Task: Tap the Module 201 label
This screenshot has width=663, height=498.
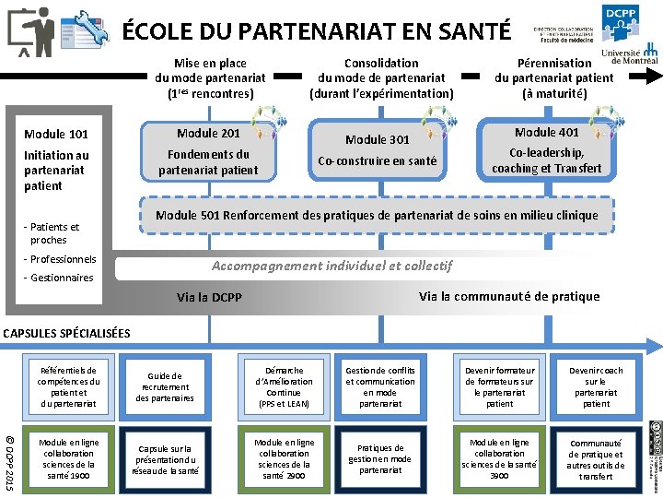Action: point(209,134)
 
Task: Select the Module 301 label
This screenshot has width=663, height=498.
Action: point(378,139)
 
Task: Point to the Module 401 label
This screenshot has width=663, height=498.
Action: point(547,133)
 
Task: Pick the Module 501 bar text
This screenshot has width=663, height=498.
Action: point(377,216)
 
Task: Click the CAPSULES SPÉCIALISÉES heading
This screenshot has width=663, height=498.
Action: point(67,333)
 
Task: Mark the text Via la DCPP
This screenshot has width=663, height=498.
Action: point(209,298)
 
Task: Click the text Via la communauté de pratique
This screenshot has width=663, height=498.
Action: point(508,296)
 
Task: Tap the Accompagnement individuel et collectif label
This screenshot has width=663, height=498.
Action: point(331,266)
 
